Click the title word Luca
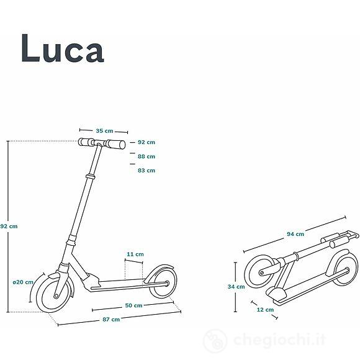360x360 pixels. point(62,48)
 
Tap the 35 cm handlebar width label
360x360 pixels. point(104,130)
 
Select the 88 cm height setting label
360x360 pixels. point(146,156)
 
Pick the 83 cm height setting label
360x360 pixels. point(146,170)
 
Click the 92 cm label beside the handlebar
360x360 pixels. point(146,143)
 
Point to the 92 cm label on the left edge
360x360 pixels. point(9,226)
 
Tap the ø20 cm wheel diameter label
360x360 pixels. point(24,282)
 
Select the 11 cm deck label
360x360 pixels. point(135,254)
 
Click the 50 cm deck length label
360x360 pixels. point(133,305)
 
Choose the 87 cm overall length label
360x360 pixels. point(111,319)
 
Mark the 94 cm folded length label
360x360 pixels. point(295,234)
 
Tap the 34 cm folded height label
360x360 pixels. point(236,287)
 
